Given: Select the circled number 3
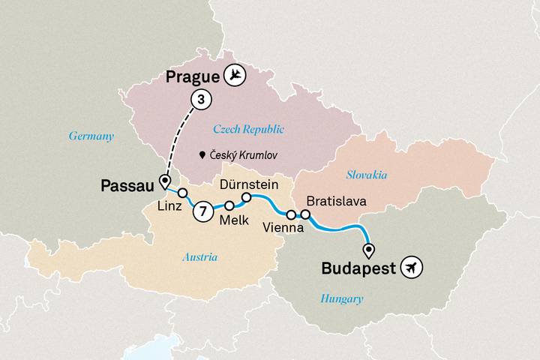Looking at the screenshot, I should [x=200, y=98].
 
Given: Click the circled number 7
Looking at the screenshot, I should [x=202, y=212].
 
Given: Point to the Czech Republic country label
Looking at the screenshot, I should [x=247, y=130].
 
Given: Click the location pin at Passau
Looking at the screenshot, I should [x=163, y=180].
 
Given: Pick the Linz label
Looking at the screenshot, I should [x=170, y=206].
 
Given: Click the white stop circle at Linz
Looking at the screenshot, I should [x=182, y=193].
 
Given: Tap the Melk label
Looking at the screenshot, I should [x=232, y=220].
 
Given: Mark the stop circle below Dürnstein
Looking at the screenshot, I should [x=245, y=198].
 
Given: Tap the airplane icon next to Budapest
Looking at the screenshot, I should [x=411, y=267].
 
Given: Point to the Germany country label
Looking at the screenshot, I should [x=91, y=136].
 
